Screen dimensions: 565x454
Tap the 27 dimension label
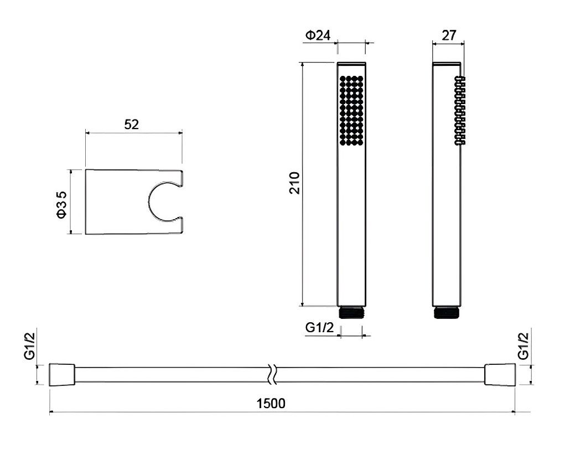pyautogui.click(x=449, y=35)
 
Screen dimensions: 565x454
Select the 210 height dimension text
pyautogui.click(x=295, y=183)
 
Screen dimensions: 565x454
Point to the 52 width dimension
pyautogui.click(x=132, y=125)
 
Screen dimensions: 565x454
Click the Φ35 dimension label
pyautogui.click(x=61, y=204)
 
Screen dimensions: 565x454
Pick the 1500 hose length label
pyautogui.click(x=271, y=403)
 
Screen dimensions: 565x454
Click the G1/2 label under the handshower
pyautogui.click(x=320, y=327)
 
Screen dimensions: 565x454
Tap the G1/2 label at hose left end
pyautogui.click(x=29, y=346)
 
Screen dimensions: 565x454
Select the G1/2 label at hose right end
pyautogui.click(x=523, y=346)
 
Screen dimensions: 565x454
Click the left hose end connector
pyautogui.click(x=62, y=375)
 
